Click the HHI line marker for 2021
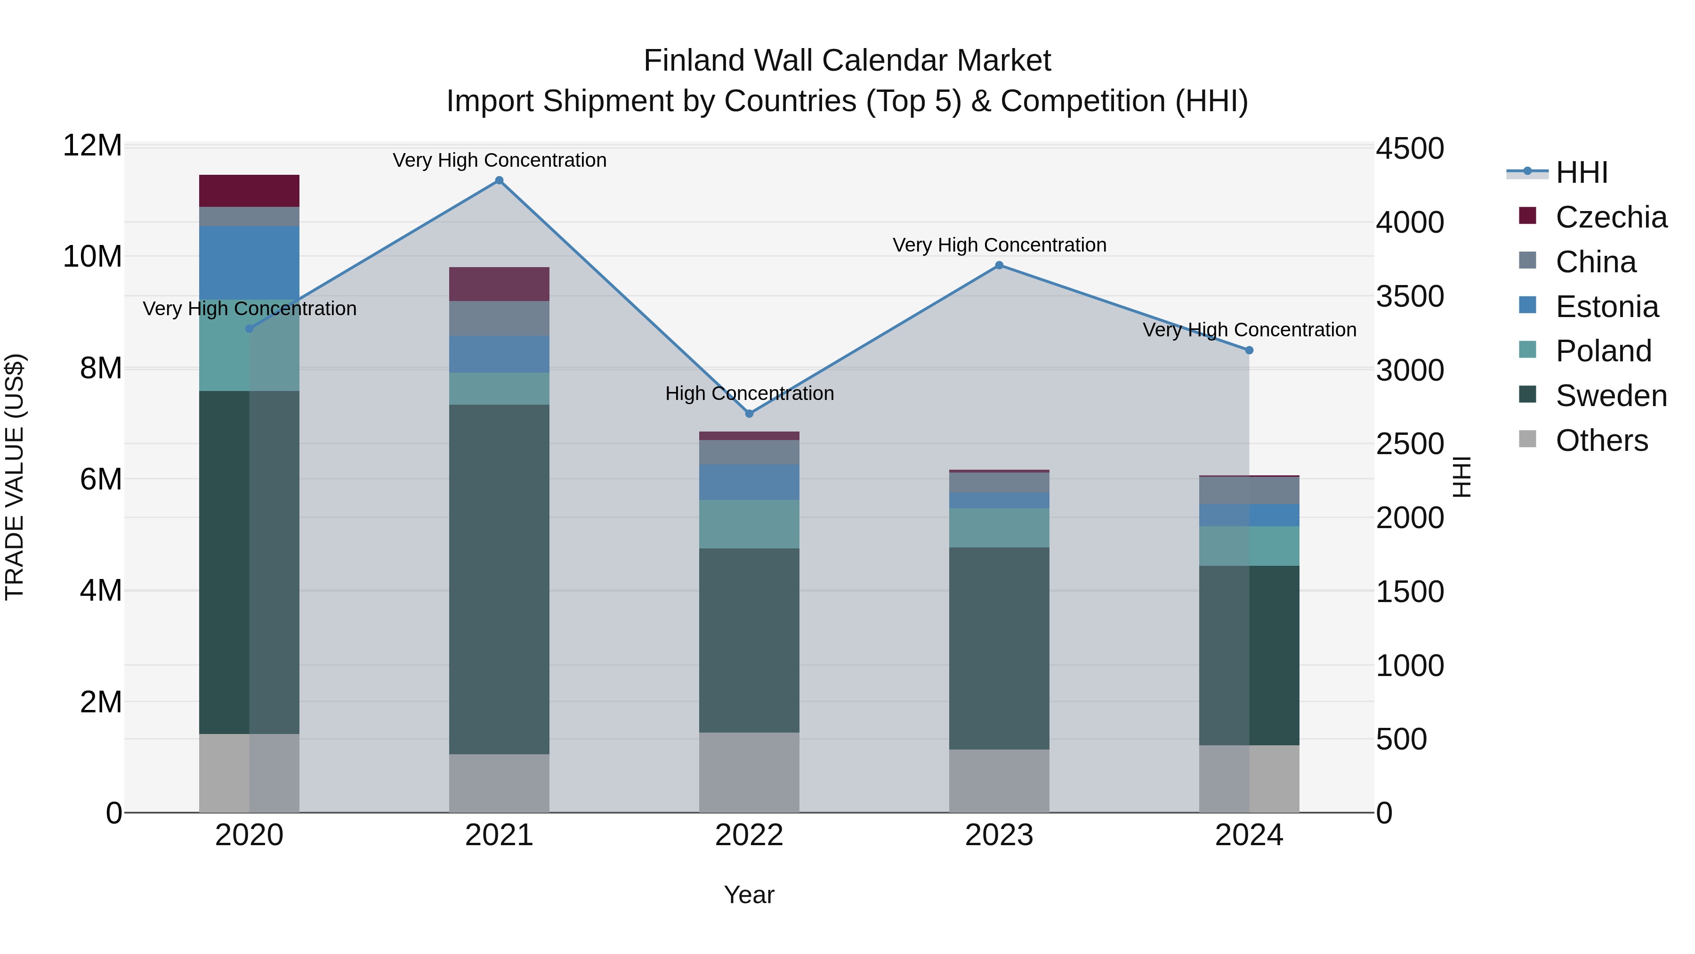[x=499, y=180]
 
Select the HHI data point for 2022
[x=749, y=414]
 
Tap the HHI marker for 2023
[x=999, y=265]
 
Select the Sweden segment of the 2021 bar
[x=499, y=579]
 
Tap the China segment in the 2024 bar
[x=1249, y=490]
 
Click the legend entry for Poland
[x=1603, y=351]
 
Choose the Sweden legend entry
[x=1611, y=396]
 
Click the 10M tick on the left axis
[x=92, y=256]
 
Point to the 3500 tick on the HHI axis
[x=1409, y=296]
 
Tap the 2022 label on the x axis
[x=749, y=835]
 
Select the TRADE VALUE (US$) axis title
[x=15, y=477]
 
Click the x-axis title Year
[x=749, y=895]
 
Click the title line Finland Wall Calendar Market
[x=847, y=61]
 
